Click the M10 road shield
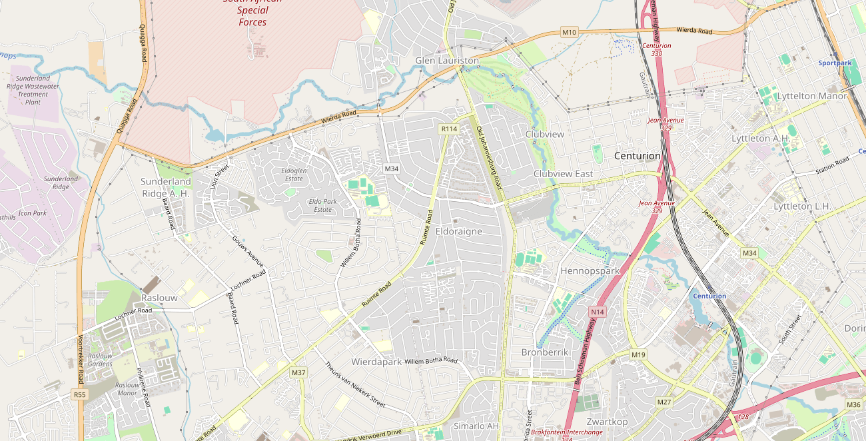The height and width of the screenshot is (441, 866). tap(569, 32)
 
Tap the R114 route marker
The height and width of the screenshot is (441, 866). tap(449, 129)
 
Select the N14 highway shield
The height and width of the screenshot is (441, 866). tap(597, 312)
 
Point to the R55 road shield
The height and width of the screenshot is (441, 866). tap(80, 394)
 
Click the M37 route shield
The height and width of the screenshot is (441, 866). tap(298, 372)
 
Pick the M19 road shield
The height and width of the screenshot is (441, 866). tap(638, 354)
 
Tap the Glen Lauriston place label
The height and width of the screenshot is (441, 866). tap(447, 61)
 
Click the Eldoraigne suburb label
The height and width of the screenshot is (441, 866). tap(458, 231)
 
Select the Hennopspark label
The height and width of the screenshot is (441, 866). tap(590, 270)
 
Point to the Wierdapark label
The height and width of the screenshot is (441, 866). tap(376, 362)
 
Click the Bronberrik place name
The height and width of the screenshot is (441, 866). tap(545, 352)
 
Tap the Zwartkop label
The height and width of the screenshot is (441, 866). tap(607, 422)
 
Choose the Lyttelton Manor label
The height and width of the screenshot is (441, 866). tap(811, 96)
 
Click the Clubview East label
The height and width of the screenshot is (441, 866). tap(563, 174)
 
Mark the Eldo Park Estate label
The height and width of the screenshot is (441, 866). tap(322, 205)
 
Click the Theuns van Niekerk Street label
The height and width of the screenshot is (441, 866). tap(355, 384)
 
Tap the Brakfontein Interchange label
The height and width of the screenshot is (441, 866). tap(567, 432)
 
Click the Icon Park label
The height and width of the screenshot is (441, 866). tap(33, 213)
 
